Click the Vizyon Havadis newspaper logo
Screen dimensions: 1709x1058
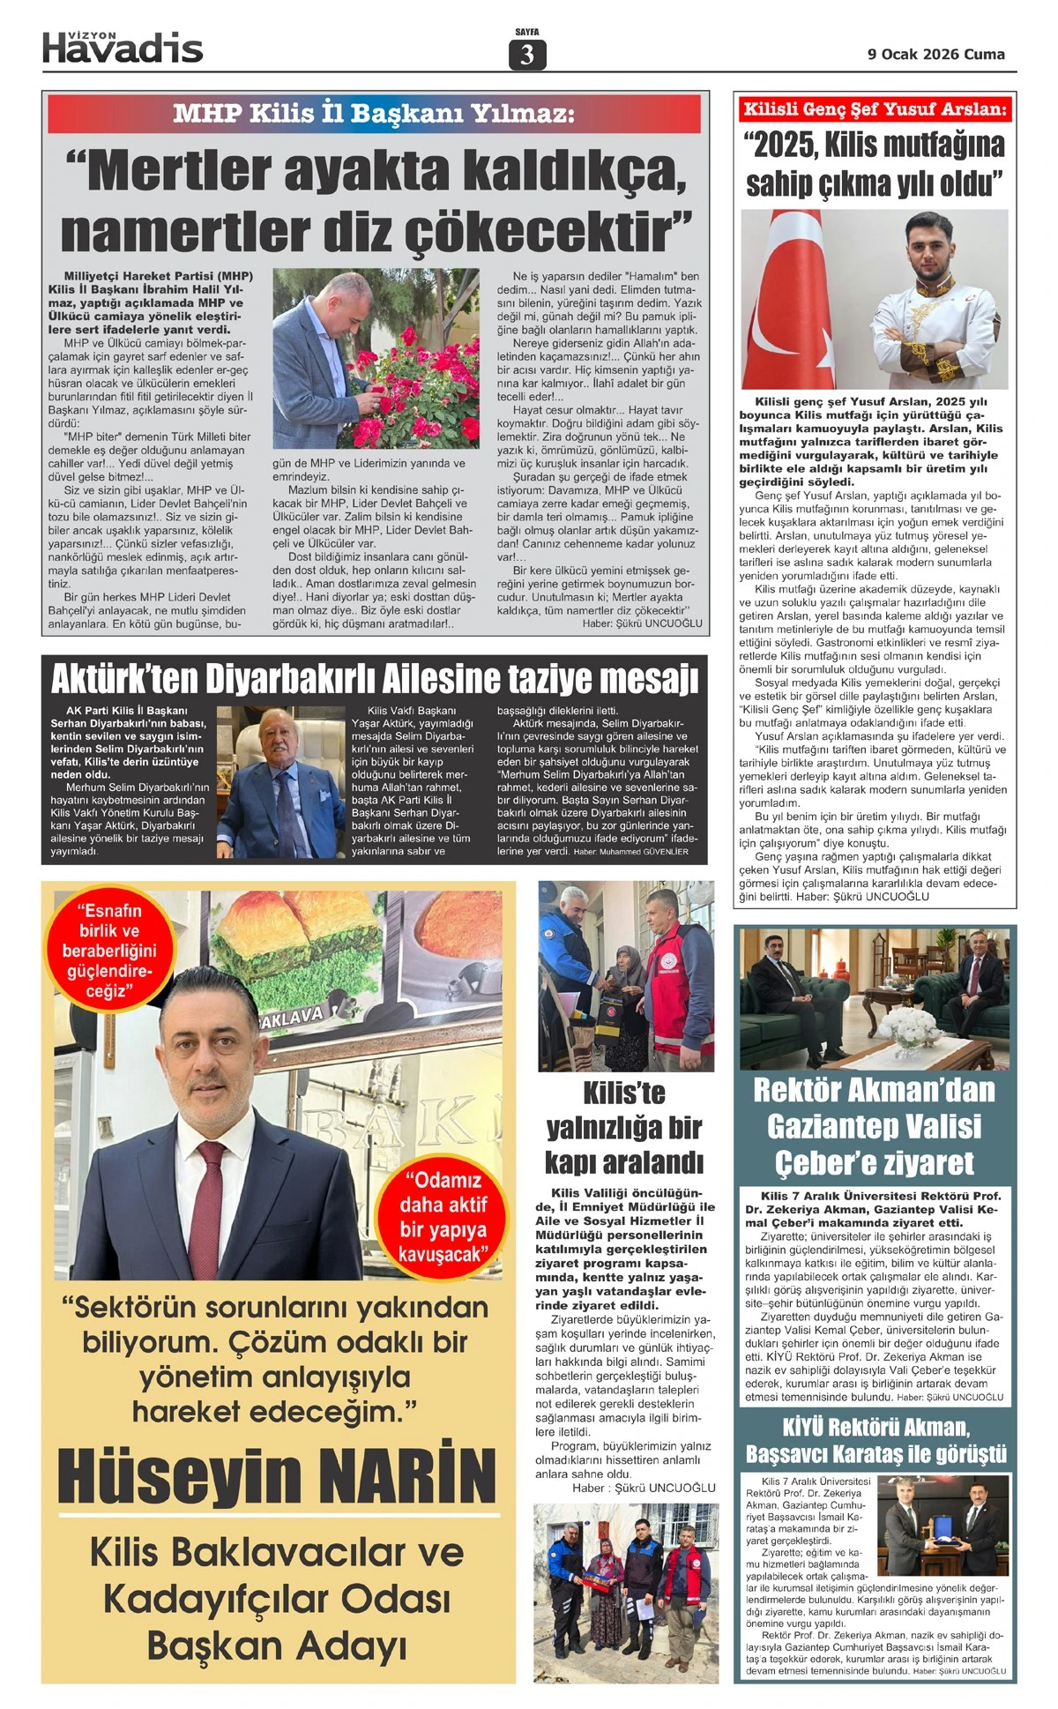pyautogui.click(x=123, y=48)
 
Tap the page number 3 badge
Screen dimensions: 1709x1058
pyautogui.click(x=527, y=55)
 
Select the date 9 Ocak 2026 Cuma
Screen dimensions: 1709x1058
pyautogui.click(x=935, y=54)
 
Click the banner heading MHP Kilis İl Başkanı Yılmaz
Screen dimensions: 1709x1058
pyautogui.click(x=374, y=113)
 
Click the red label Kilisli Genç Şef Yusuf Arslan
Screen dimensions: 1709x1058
pyautogui.click(x=875, y=109)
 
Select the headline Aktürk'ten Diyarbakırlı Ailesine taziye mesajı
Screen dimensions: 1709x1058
pyautogui.click(x=374, y=679)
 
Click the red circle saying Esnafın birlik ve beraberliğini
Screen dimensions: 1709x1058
pyautogui.click(x=104, y=950)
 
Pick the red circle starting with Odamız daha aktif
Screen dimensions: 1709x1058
pyautogui.click(x=443, y=1216)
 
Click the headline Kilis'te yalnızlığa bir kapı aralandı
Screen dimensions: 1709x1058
pyautogui.click(x=624, y=1127)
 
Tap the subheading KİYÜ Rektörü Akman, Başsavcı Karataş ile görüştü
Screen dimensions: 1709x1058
pyautogui.click(x=875, y=1439)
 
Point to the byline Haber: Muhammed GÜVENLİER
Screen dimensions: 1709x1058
pyautogui.click(x=630, y=852)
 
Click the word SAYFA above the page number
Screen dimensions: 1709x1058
pyautogui.click(x=527, y=33)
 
